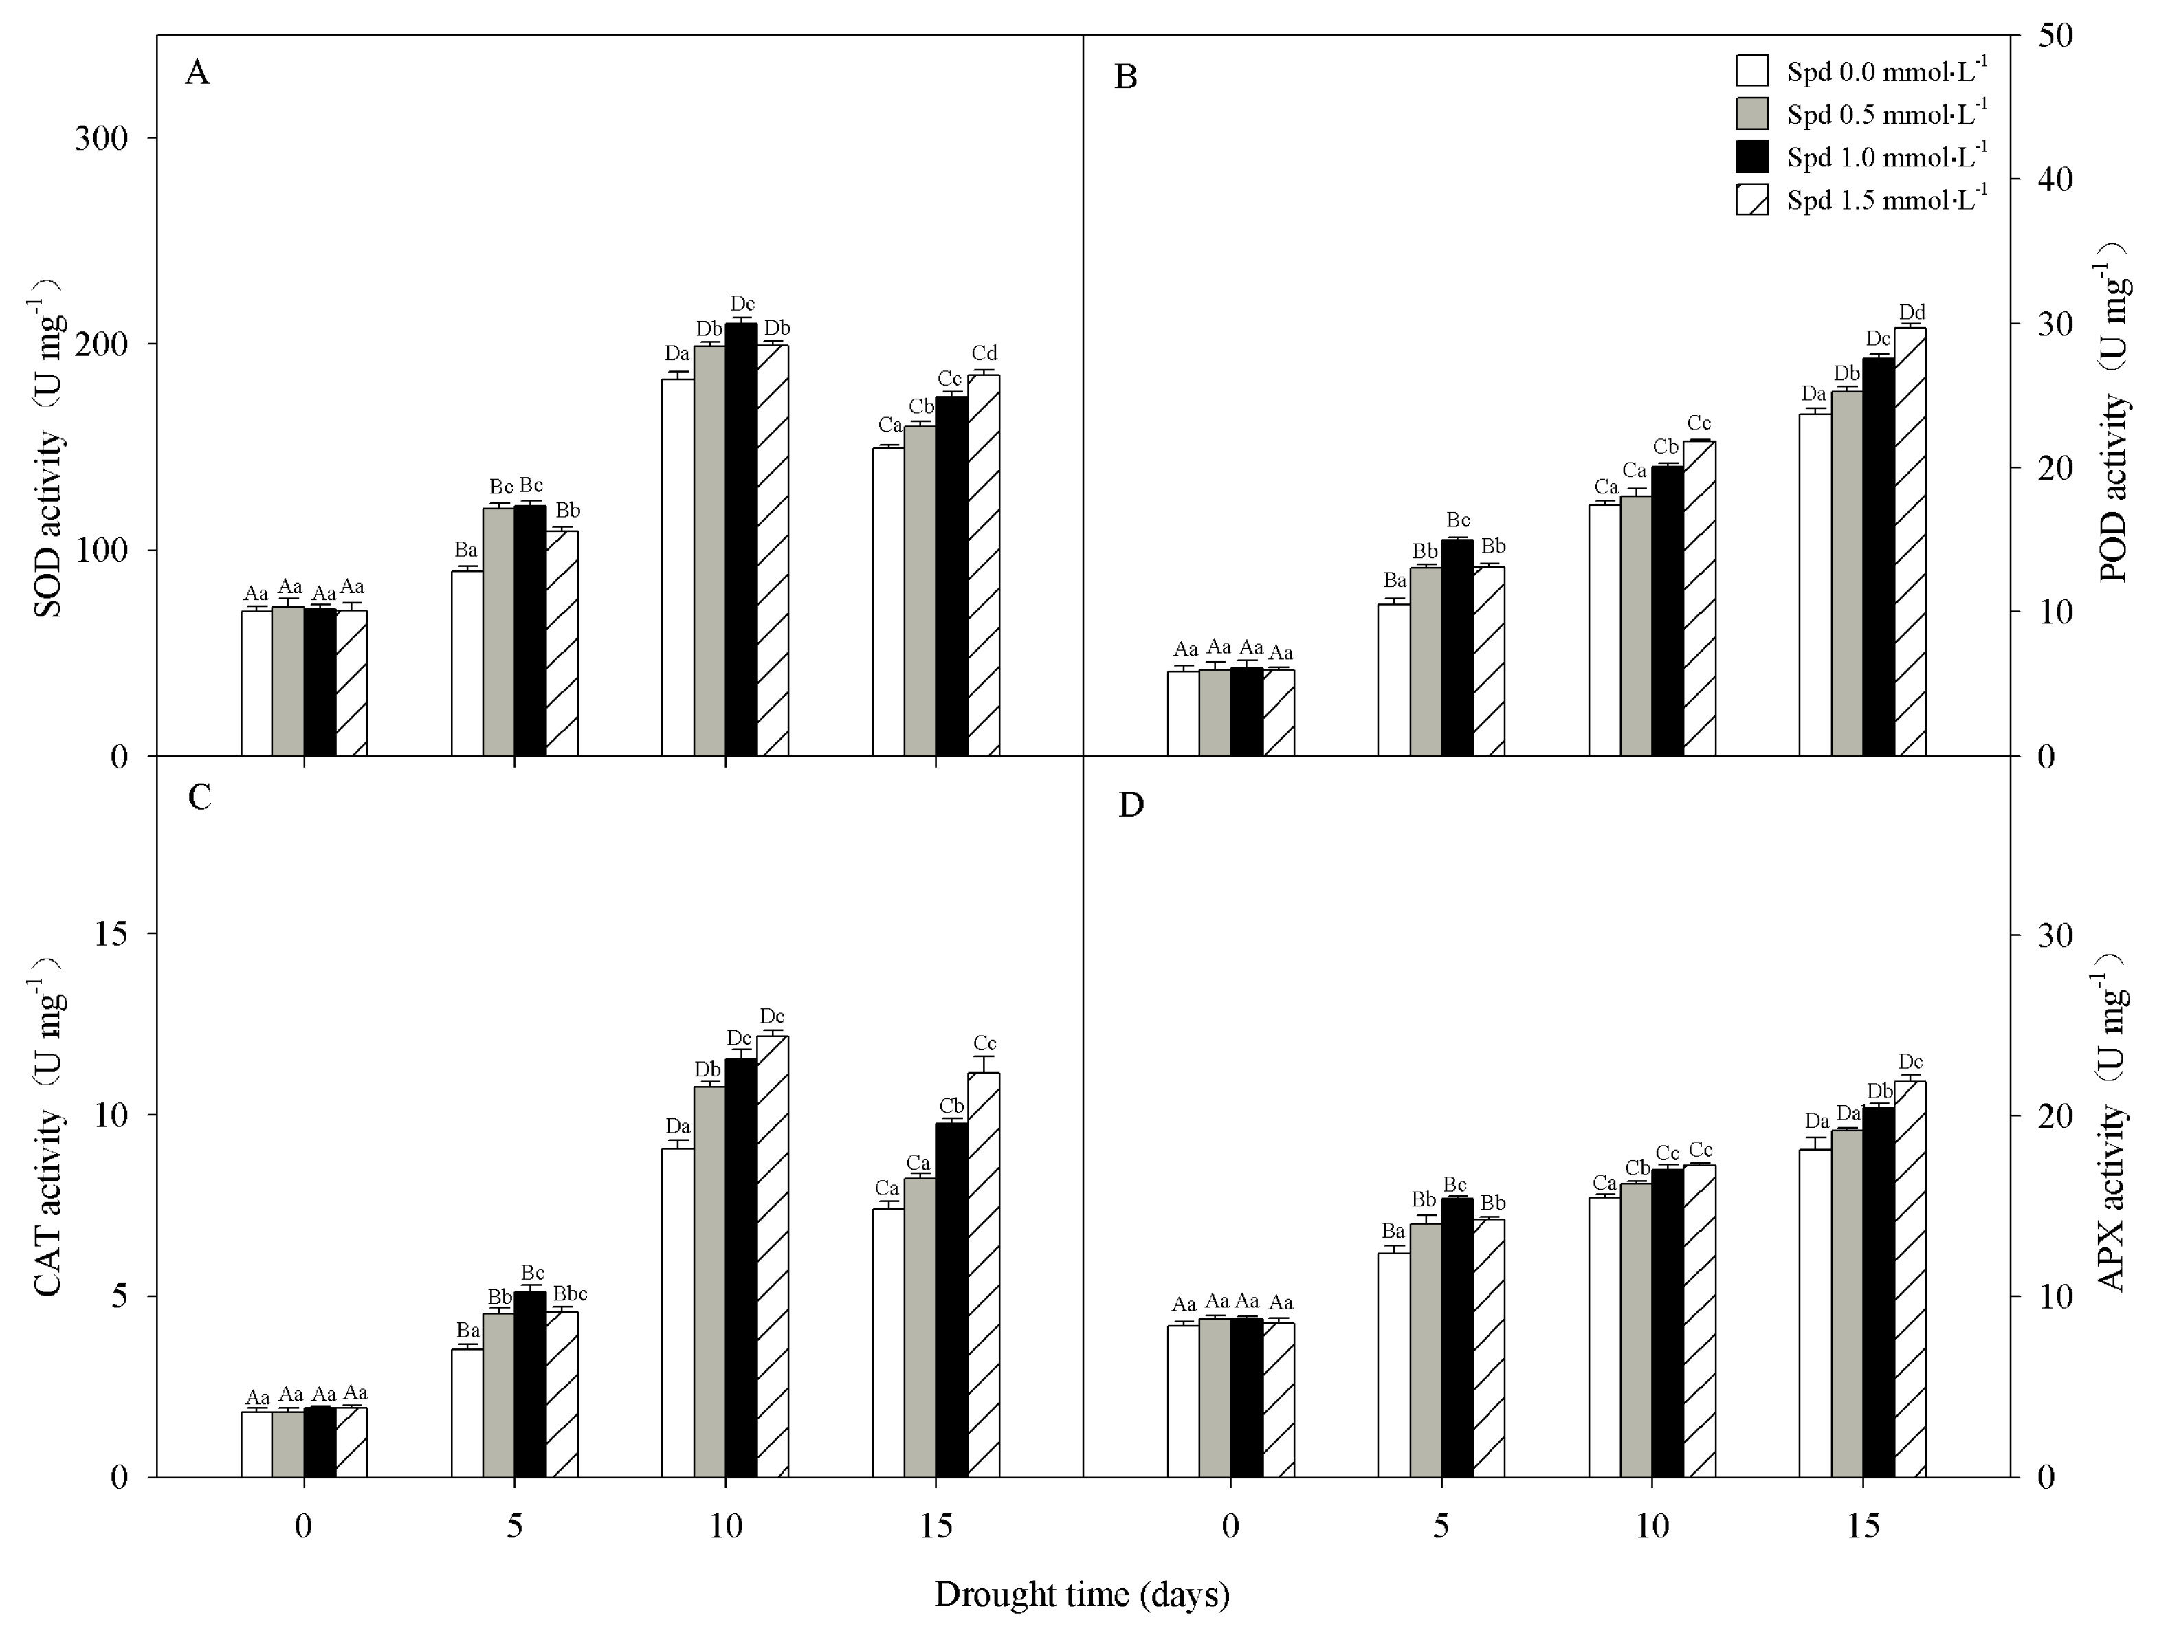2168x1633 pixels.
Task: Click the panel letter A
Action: [197, 73]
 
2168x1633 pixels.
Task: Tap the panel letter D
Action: [1131, 805]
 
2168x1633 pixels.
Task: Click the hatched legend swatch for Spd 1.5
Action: [1751, 200]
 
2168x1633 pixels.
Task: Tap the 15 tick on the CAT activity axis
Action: [112, 933]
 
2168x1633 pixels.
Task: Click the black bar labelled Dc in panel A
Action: [741, 539]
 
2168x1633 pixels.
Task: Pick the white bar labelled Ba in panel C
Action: [467, 1412]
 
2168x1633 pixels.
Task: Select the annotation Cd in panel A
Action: [984, 353]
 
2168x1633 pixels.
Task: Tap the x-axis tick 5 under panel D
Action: [1441, 1526]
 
